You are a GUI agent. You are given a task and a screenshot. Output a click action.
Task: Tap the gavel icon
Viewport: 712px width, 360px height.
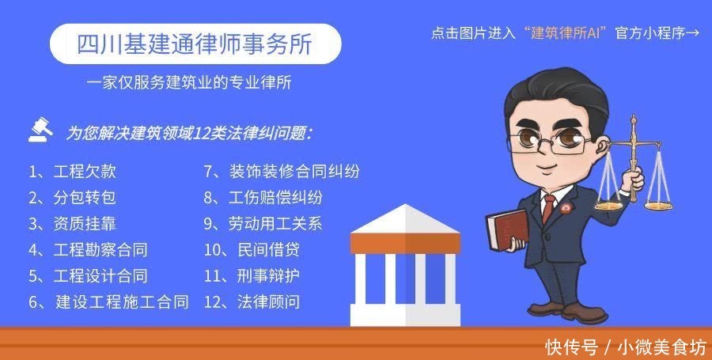click(x=41, y=128)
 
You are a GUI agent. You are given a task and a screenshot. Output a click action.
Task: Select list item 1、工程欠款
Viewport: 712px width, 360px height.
click(x=72, y=171)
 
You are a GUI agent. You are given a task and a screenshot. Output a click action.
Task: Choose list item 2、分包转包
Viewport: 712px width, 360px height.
click(x=72, y=198)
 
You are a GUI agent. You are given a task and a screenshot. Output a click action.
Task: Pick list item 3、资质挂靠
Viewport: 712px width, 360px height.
click(x=72, y=224)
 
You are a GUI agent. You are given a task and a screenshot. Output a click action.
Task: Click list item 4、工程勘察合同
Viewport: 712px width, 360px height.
click(x=88, y=250)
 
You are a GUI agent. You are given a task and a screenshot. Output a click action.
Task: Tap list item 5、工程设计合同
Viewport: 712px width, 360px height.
click(x=88, y=276)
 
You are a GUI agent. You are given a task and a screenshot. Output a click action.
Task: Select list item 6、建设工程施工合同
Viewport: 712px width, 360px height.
click(x=108, y=301)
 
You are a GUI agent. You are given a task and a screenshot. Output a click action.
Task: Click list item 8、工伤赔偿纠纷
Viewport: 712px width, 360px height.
click(x=263, y=198)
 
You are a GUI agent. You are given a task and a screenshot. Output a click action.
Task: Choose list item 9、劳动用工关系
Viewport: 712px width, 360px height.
click(x=263, y=224)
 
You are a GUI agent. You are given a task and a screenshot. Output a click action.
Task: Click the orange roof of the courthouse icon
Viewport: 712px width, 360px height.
click(x=405, y=221)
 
